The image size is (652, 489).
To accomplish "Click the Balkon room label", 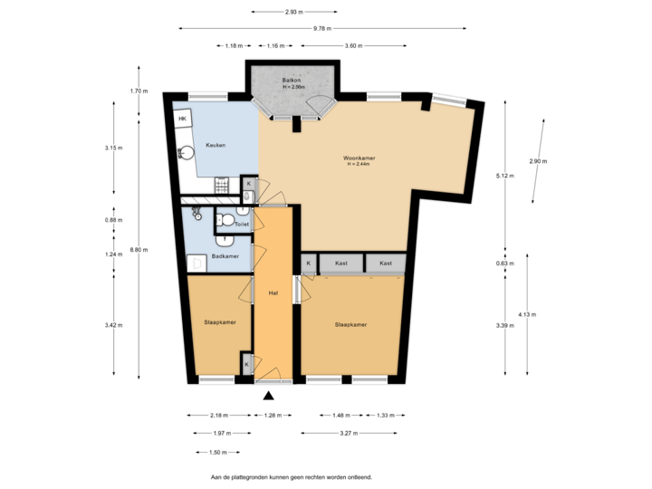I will [x=292, y=81].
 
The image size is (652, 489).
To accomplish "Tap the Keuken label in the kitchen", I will [x=215, y=145].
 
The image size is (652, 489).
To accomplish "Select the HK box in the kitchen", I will [x=182, y=120].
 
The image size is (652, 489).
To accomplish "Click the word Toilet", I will [x=241, y=223].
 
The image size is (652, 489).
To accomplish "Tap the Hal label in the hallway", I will [x=273, y=293].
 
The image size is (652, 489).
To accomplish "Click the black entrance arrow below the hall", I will [x=267, y=394].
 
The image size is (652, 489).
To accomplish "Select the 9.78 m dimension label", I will [x=321, y=28].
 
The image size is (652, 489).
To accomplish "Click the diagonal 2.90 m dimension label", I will [x=538, y=160].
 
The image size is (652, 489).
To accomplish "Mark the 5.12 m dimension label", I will [x=505, y=176].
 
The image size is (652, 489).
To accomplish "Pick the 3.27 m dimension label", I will [x=348, y=433].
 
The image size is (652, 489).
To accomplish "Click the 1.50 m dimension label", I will [x=218, y=451].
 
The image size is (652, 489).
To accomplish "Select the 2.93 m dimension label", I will [x=292, y=12].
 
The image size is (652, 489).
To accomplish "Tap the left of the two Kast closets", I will [x=341, y=264].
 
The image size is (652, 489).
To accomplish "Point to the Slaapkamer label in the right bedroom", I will [x=350, y=323].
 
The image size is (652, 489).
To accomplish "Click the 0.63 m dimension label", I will [x=505, y=264].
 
